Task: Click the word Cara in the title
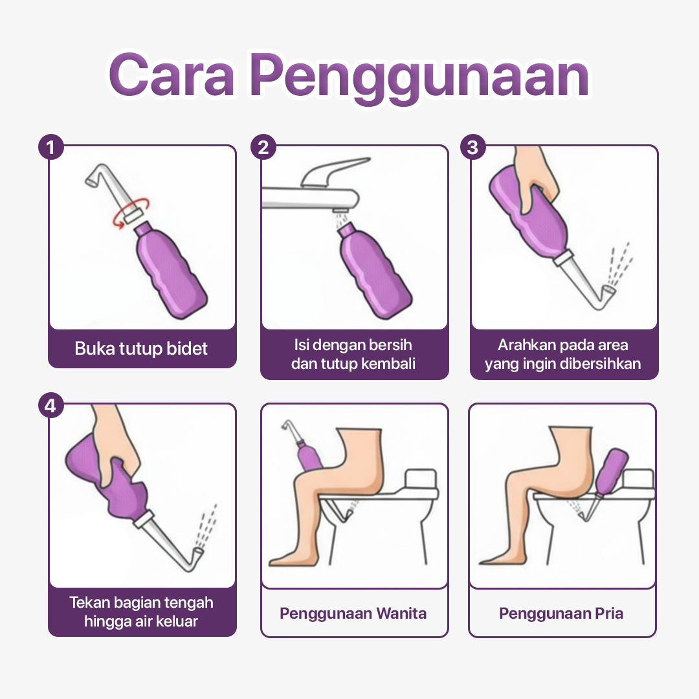click(x=172, y=74)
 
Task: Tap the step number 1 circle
click(x=50, y=147)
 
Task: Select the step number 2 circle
click(x=263, y=147)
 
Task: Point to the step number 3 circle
click(x=472, y=147)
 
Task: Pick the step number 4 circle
click(x=50, y=406)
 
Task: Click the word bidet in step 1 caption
click(x=187, y=349)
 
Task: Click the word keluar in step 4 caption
click(x=177, y=621)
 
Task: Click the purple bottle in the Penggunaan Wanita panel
click(x=308, y=455)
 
